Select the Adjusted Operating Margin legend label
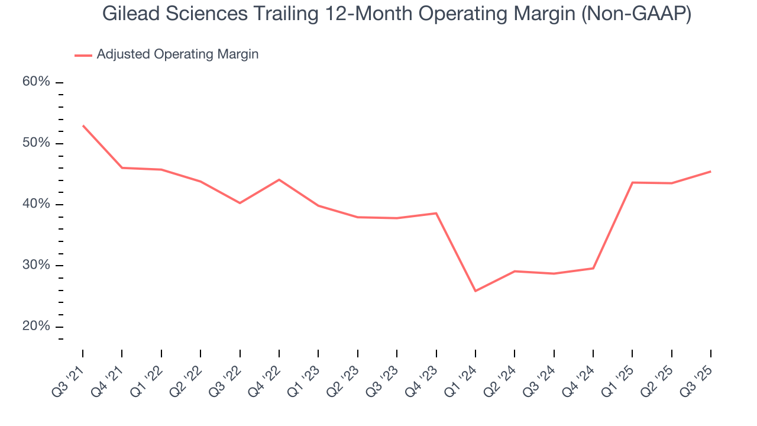click(x=177, y=54)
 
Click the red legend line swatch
click(x=83, y=55)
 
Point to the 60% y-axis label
click(x=36, y=82)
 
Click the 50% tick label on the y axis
click(x=36, y=143)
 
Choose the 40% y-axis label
click(x=36, y=204)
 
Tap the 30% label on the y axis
click(x=36, y=265)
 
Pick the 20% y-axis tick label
click(x=36, y=327)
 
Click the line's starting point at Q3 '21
click(x=83, y=125)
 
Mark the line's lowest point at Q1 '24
click(x=475, y=291)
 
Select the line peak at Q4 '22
click(x=279, y=179)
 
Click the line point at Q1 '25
click(x=632, y=182)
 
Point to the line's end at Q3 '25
click(x=710, y=172)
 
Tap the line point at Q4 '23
click(x=436, y=213)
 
